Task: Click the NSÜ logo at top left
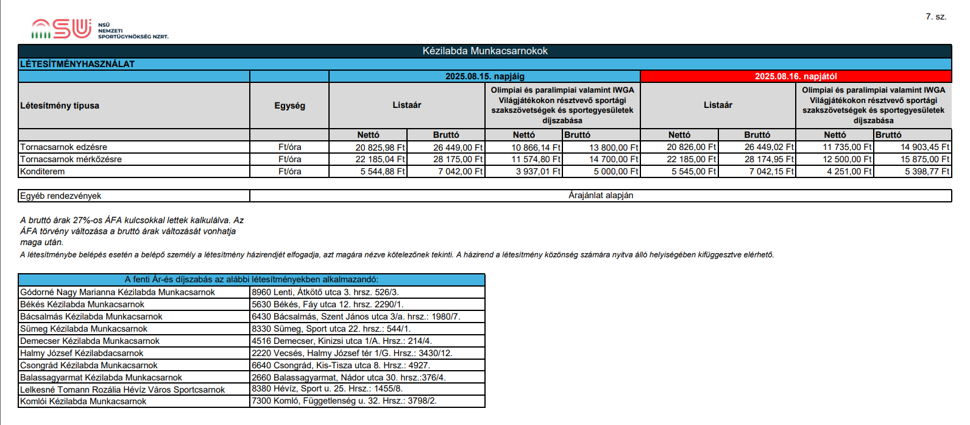tap(61, 29)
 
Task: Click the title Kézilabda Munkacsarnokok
tap(485, 51)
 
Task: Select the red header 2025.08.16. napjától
tap(796, 76)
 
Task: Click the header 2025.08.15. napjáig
tap(484, 76)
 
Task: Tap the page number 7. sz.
tap(936, 16)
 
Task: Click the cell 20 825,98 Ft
tap(380, 148)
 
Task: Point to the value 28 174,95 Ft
tap(769, 159)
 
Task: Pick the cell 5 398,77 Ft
tap(925, 171)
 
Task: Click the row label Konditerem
tap(43, 171)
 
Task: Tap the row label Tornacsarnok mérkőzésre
tap(71, 159)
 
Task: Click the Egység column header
tap(289, 105)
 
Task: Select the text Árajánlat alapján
tap(601, 196)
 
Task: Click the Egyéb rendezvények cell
tap(61, 196)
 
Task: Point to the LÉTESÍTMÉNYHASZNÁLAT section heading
tap(77, 64)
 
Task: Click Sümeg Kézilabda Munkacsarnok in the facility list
tap(83, 329)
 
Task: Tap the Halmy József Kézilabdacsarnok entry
tap(82, 353)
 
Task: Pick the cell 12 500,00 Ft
tap(847, 159)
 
